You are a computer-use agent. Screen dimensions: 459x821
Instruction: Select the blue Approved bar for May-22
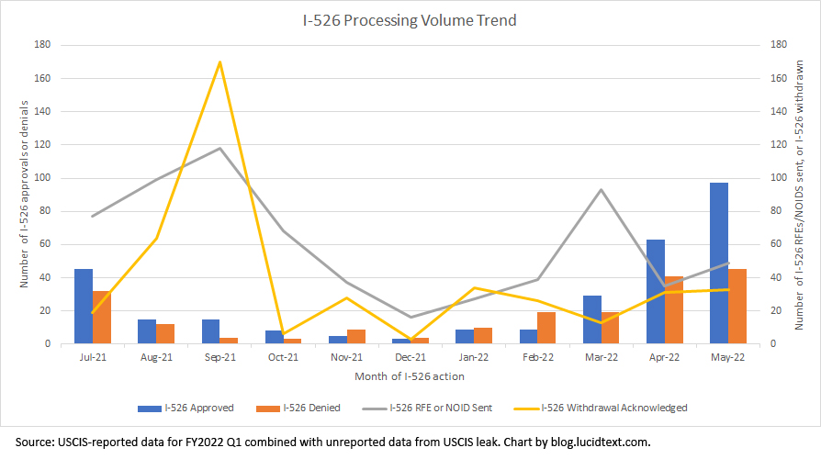point(719,263)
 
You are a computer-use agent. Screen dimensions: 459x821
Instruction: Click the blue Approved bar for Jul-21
point(84,307)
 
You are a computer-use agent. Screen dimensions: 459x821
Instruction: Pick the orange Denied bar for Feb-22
point(546,328)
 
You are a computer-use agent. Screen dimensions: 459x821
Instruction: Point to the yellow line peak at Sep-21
point(220,62)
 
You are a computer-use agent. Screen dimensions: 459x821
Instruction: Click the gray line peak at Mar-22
point(601,190)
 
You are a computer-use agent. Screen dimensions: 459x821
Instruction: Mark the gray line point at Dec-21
point(410,317)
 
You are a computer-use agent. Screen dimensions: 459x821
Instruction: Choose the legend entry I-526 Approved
point(198,408)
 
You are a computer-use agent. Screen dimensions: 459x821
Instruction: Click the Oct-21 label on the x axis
point(283,356)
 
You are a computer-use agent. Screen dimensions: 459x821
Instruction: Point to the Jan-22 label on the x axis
point(474,356)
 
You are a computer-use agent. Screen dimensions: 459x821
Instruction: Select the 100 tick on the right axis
point(778,178)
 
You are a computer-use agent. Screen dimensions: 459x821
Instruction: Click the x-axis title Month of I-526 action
point(410,375)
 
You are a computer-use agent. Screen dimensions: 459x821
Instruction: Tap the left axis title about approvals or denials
point(25,194)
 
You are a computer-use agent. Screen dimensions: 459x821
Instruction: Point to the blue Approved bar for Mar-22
point(591,319)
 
